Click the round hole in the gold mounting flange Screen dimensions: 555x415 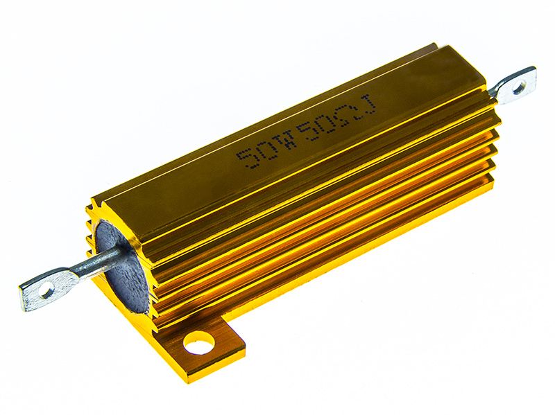pyautogui.click(x=199, y=343)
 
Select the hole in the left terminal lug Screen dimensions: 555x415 pyautogui.click(x=45, y=292)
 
